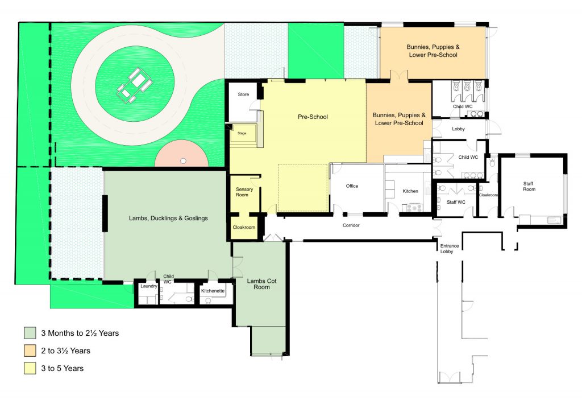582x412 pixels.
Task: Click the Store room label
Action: click(x=243, y=94)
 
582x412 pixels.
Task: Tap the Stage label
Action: click(x=242, y=133)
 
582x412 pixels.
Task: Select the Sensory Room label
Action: click(x=244, y=192)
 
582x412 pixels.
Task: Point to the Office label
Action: click(x=352, y=186)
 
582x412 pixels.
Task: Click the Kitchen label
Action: click(x=410, y=191)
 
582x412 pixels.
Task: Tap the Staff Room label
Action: click(x=529, y=186)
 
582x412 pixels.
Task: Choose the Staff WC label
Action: click(x=456, y=202)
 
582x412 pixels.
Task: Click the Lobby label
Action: click(x=458, y=129)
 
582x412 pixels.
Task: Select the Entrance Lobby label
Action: click(x=449, y=249)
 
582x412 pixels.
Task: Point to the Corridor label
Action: click(x=351, y=225)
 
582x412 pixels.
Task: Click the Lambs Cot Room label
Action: click(x=261, y=284)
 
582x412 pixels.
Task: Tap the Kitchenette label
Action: click(x=213, y=291)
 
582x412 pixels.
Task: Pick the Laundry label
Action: click(x=148, y=286)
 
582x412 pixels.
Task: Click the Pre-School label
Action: click(x=313, y=117)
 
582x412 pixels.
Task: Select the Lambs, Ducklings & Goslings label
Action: click(x=168, y=218)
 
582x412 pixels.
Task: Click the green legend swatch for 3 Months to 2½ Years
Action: click(x=30, y=333)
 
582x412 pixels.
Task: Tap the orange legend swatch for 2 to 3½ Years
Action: click(x=30, y=351)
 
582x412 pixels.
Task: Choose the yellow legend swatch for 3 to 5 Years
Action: click(x=30, y=368)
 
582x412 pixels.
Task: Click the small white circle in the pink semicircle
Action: click(x=183, y=161)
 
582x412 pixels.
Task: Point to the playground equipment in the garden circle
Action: click(x=134, y=85)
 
